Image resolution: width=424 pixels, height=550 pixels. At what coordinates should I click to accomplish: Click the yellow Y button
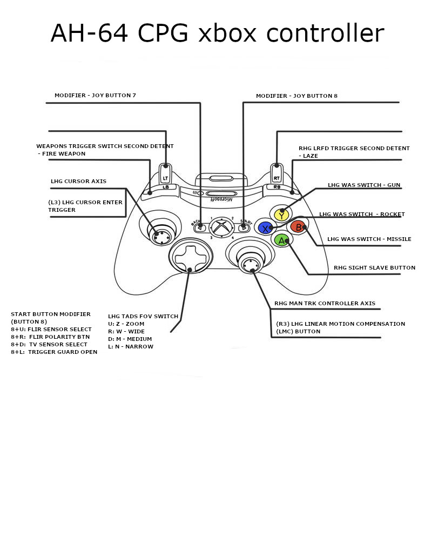pos(281,214)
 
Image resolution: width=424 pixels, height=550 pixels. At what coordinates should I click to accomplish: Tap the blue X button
pos(265,227)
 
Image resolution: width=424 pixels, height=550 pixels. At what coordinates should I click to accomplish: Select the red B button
pos(298,227)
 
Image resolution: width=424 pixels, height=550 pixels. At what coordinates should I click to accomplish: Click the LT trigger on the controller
pos(165,174)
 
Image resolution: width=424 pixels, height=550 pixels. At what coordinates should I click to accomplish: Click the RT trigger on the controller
pos(277,174)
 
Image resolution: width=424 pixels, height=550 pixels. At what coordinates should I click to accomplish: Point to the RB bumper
pos(278,187)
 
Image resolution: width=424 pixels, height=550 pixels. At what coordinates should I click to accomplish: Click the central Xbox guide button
pos(221,227)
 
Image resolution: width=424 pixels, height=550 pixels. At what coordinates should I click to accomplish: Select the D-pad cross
pos(190,257)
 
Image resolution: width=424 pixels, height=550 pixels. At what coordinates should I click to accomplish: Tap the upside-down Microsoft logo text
pos(221,199)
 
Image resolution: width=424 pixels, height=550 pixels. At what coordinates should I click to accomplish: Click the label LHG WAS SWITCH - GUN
pos(364,185)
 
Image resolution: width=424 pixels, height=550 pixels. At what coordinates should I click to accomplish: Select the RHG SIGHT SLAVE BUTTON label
pos(374,268)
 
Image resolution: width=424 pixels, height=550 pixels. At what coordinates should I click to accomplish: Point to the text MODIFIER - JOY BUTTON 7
pos(95,96)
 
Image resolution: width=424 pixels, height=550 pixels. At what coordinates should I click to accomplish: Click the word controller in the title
pos(325,33)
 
